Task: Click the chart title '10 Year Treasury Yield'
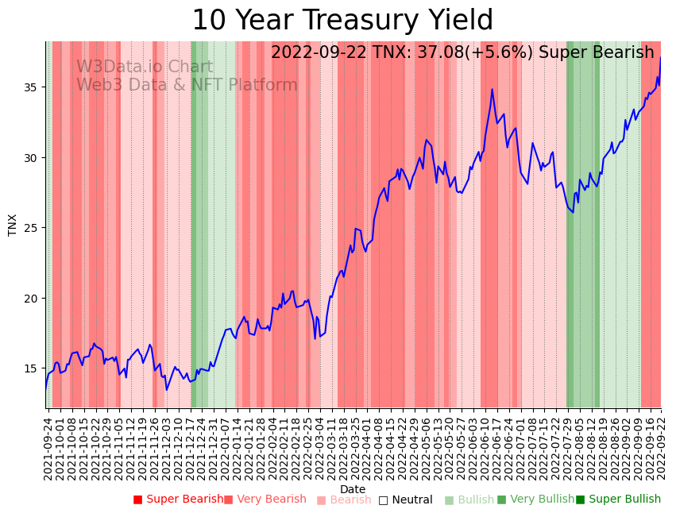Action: [x=342, y=21]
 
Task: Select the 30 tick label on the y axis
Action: [x=33, y=157]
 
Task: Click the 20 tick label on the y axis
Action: [x=33, y=298]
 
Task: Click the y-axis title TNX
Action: [x=13, y=225]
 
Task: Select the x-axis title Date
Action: [x=353, y=489]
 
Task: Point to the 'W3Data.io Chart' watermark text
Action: [x=145, y=67]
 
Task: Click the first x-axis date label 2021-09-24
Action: [x=48, y=448]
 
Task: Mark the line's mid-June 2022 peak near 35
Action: [x=492, y=89]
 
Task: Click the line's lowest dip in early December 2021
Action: [x=167, y=389]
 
